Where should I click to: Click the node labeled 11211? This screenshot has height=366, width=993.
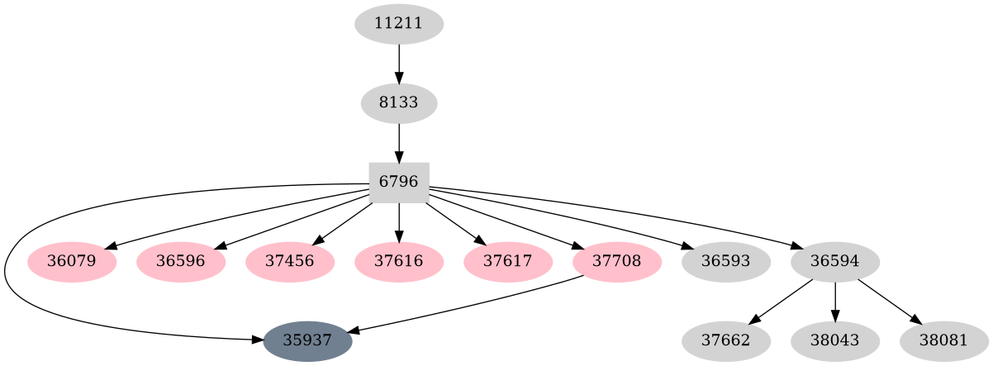(399, 24)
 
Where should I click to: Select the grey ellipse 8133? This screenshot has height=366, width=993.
(399, 103)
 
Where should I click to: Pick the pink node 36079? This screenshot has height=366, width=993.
(72, 262)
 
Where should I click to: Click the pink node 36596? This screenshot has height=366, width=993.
(181, 262)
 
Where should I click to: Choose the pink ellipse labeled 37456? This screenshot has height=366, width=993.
(290, 262)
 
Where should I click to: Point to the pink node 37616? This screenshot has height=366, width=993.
(399, 262)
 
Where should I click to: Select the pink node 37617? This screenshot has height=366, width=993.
(508, 262)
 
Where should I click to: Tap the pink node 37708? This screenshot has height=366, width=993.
(617, 262)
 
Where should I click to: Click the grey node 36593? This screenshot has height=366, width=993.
(726, 262)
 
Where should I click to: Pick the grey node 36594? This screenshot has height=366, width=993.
(835, 262)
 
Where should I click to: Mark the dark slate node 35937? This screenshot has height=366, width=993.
(308, 340)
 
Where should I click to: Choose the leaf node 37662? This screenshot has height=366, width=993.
(726, 340)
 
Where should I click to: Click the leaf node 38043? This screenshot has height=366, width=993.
(835, 340)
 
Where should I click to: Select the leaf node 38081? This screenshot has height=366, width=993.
(944, 340)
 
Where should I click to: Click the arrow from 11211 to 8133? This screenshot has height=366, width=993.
(399, 63)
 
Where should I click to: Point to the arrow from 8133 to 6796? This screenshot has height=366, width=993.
(399, 142)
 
